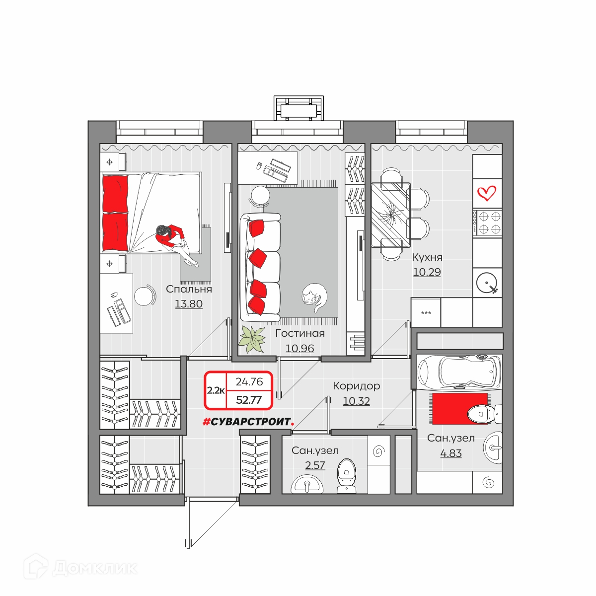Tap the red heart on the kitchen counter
point(487,193)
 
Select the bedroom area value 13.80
point(189,304)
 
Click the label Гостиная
point(300,333)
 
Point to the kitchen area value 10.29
point(427,272)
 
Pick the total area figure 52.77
point(249,400)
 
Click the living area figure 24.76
point(249,381)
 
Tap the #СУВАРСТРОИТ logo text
point(248,421)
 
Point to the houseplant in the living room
point(252,339)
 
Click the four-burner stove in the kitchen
point(487,223)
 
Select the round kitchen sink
point(487,283)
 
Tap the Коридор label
point(356,386)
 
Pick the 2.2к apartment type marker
point(216,391)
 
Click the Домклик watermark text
point(95,569)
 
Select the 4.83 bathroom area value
point(451,453)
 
